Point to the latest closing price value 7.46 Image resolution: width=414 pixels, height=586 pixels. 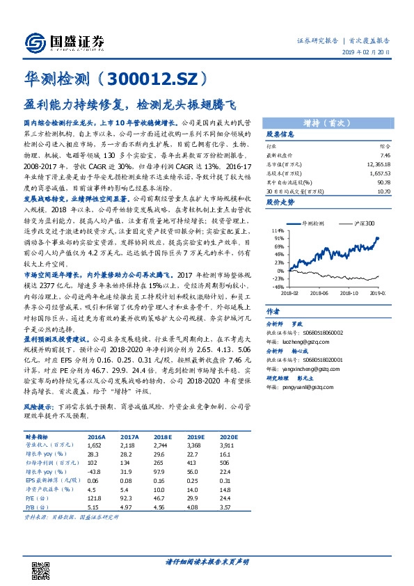384,157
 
